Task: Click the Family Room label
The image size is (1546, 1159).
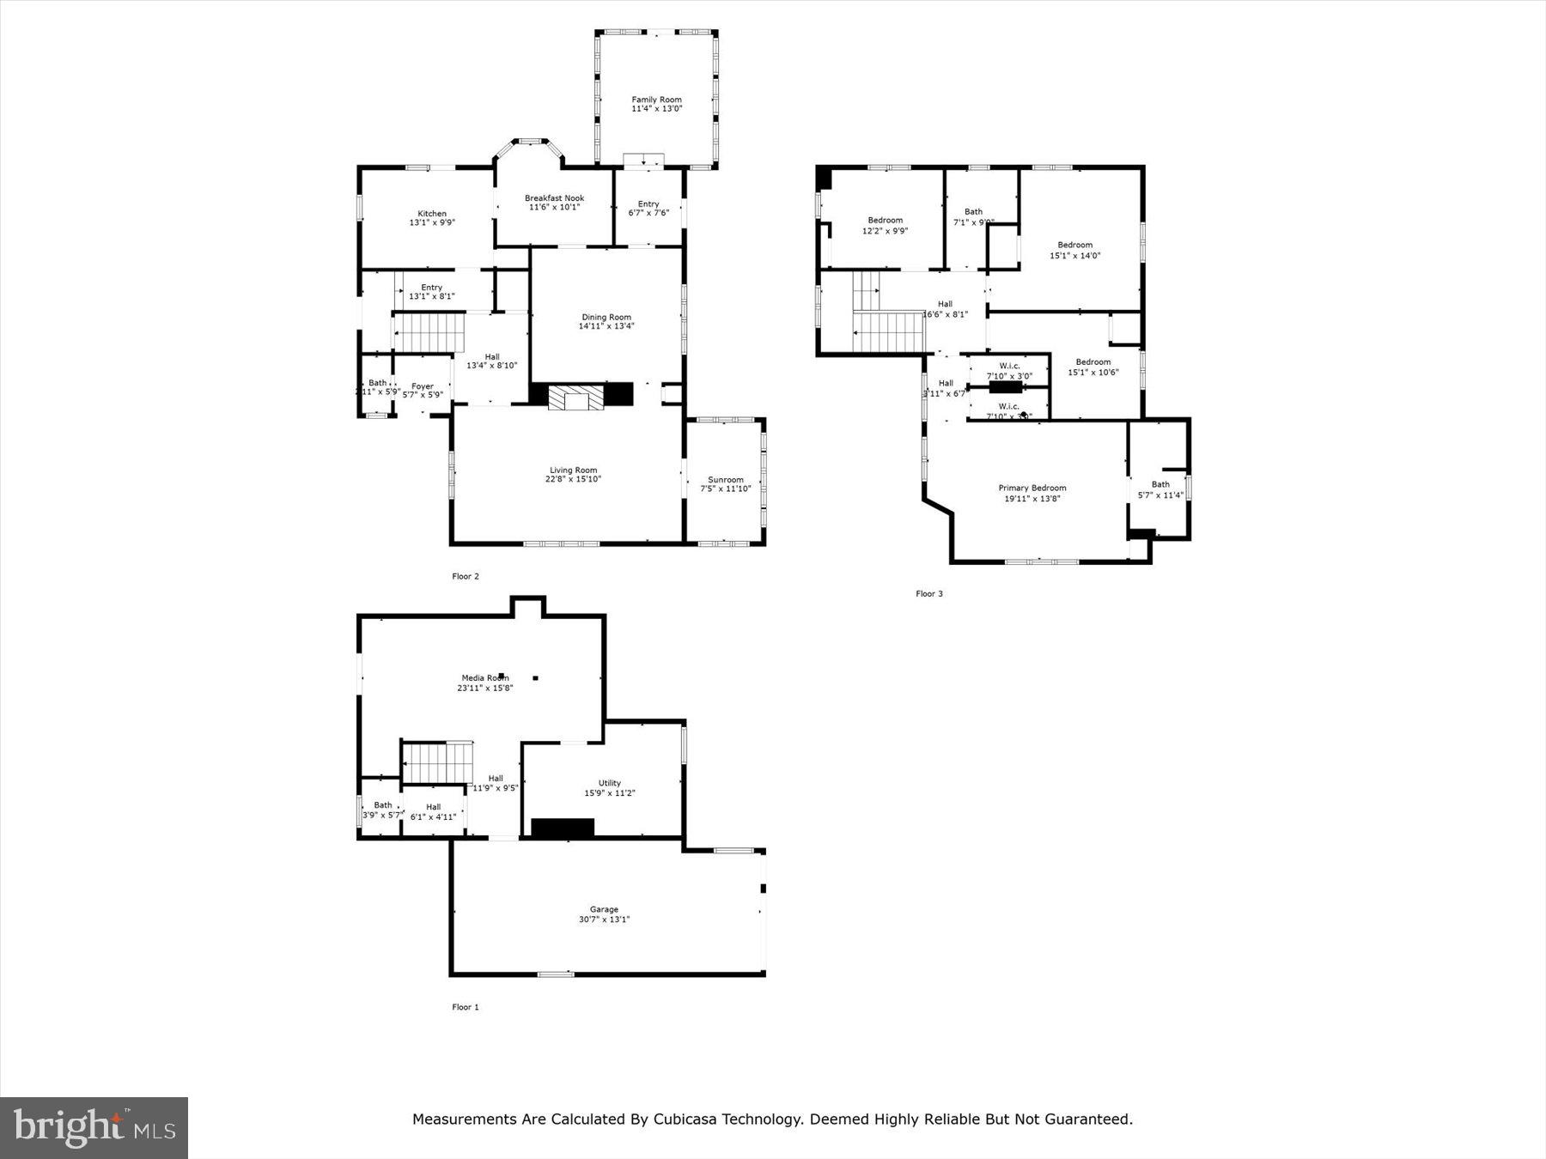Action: click(656, 100)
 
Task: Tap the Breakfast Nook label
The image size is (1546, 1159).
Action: click(554, 198)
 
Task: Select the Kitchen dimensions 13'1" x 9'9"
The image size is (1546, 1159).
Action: click(432, 223)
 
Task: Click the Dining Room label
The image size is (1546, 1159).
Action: click(606, 317)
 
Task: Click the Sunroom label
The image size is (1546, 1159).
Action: click(725, 480)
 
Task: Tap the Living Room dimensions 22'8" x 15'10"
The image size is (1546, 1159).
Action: click(573, 480)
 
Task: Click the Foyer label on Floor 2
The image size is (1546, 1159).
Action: click(422, 386)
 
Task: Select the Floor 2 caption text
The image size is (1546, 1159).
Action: click(466, 576)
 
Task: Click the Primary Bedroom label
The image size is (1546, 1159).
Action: click(1032, 488)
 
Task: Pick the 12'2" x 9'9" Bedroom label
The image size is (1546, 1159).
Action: click(885, 221)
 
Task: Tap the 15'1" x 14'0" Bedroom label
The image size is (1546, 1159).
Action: click(1074, 246)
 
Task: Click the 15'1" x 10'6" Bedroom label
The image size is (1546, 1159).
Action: click(1093, 362)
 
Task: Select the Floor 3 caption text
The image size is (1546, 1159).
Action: click(928, 593)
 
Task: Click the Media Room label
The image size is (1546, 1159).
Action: click(484, 678)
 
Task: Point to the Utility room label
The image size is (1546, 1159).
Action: click(609, 783)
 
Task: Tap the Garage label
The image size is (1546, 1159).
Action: click(604, 909)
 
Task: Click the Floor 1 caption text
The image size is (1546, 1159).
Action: click(466, 1007)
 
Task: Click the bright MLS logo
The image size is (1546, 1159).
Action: click(94, 1127)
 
